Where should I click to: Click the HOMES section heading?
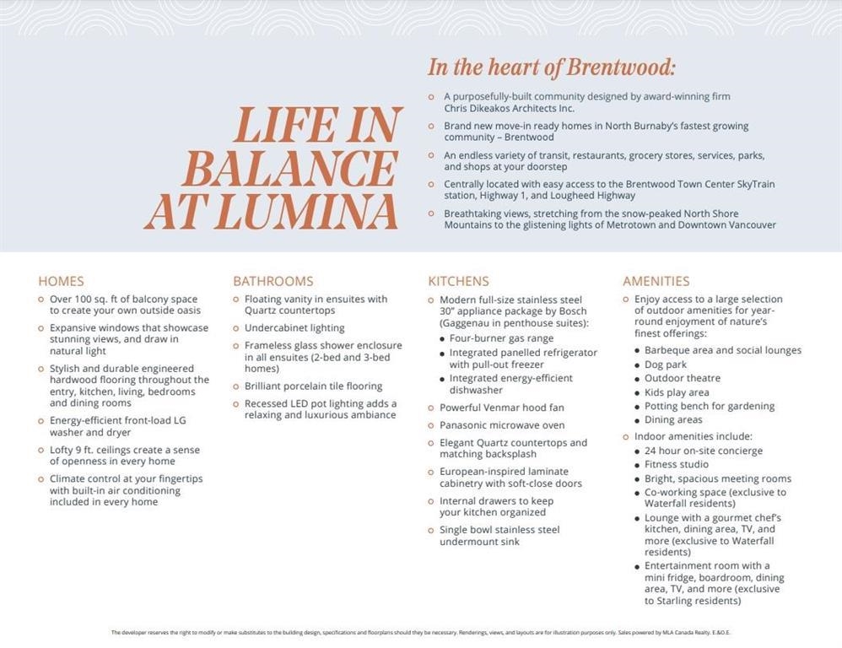coord(61,281)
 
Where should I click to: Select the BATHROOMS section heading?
coord(273,281)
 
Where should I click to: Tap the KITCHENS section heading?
coord(458,281)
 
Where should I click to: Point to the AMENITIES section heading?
coord(656,281)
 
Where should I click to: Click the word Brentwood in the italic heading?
coord(625,67)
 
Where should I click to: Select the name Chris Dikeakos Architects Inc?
coord(509,108)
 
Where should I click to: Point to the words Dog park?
coord(666,364)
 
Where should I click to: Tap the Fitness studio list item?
coord(677,464)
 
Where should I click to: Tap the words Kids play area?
coord(677,392)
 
